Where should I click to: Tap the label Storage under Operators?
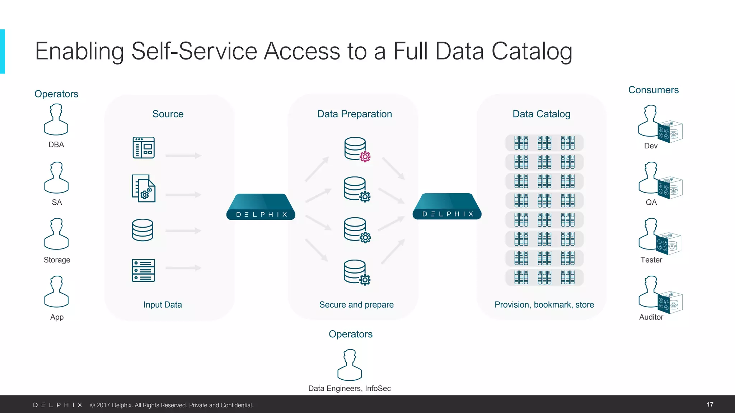click(57, 260)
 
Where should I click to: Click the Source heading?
click(168, 114)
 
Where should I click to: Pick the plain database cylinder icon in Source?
click(142, 230)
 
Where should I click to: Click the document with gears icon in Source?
click(144, 189)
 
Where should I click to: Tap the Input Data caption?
click(163, 305)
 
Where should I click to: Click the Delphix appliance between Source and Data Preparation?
click(261, 207)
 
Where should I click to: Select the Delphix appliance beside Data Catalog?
click(447, 207)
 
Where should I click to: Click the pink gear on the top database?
click(365, 157)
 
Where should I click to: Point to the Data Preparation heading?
click(354, 114)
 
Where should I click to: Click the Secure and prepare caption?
click(356, 305)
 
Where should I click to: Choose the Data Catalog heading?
click(541, 114)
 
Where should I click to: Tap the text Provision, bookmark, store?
click(544, 305)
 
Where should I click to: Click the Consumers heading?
click(653, 90)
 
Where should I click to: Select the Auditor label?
click(651, 317)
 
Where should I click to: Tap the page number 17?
click(710, 404)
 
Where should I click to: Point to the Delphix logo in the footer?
click(58, 405)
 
